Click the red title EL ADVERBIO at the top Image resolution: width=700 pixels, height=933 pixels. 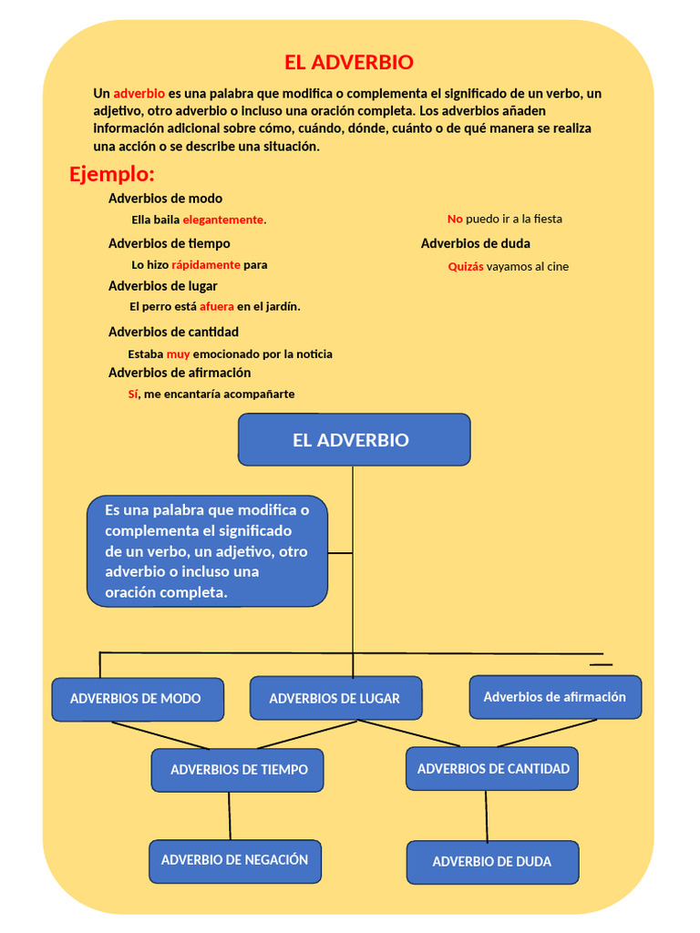coord(348,63)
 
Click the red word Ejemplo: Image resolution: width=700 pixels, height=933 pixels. coord(112,174)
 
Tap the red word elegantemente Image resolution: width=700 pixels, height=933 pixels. coord(222,220)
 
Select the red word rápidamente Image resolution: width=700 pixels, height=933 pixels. coord(206,265)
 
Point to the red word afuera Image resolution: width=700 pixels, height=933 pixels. coord(217,307)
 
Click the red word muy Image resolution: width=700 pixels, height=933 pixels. coord(178,354)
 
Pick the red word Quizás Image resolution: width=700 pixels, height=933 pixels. coord(466,267)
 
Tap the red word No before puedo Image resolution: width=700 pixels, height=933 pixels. coord(455,220)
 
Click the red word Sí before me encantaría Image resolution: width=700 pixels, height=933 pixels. coord(133,395)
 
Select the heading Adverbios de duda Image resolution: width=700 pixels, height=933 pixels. coord(475,243)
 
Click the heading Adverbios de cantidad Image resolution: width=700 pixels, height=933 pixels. coord(173,332)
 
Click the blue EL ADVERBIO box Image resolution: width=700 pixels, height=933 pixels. coord(354,440)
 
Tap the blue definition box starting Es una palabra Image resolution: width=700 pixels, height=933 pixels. coord(207,551)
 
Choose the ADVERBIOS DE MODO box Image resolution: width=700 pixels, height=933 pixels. coord(138,699)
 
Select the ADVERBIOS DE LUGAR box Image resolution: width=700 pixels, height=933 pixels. coord(335,699)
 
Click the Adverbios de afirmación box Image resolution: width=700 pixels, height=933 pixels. coord(555,697)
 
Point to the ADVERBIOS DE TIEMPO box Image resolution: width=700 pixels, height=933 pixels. coord(238,770)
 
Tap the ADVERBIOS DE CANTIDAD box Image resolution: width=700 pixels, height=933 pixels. coord(492,769)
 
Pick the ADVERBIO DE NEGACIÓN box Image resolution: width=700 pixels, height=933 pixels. coord(235,860)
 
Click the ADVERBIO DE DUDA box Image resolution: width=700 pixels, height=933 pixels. coord(492,862)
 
